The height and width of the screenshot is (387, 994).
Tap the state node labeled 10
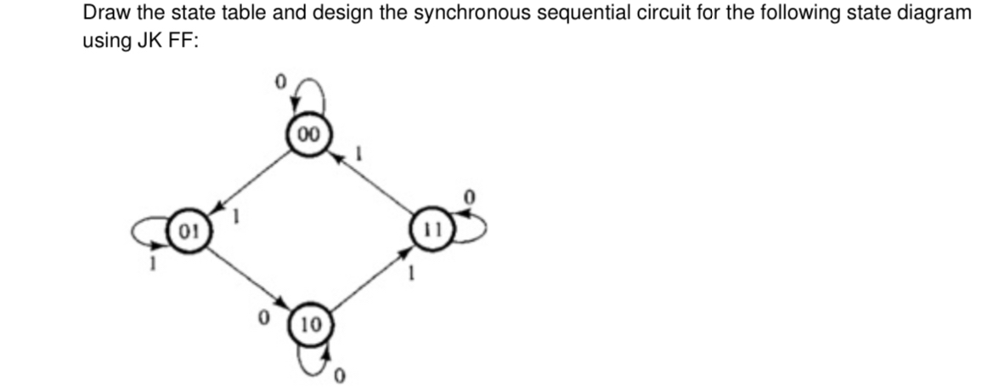(310, 324)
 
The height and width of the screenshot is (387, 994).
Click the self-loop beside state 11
(470, 226)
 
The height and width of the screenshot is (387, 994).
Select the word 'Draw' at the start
(101, 14)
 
